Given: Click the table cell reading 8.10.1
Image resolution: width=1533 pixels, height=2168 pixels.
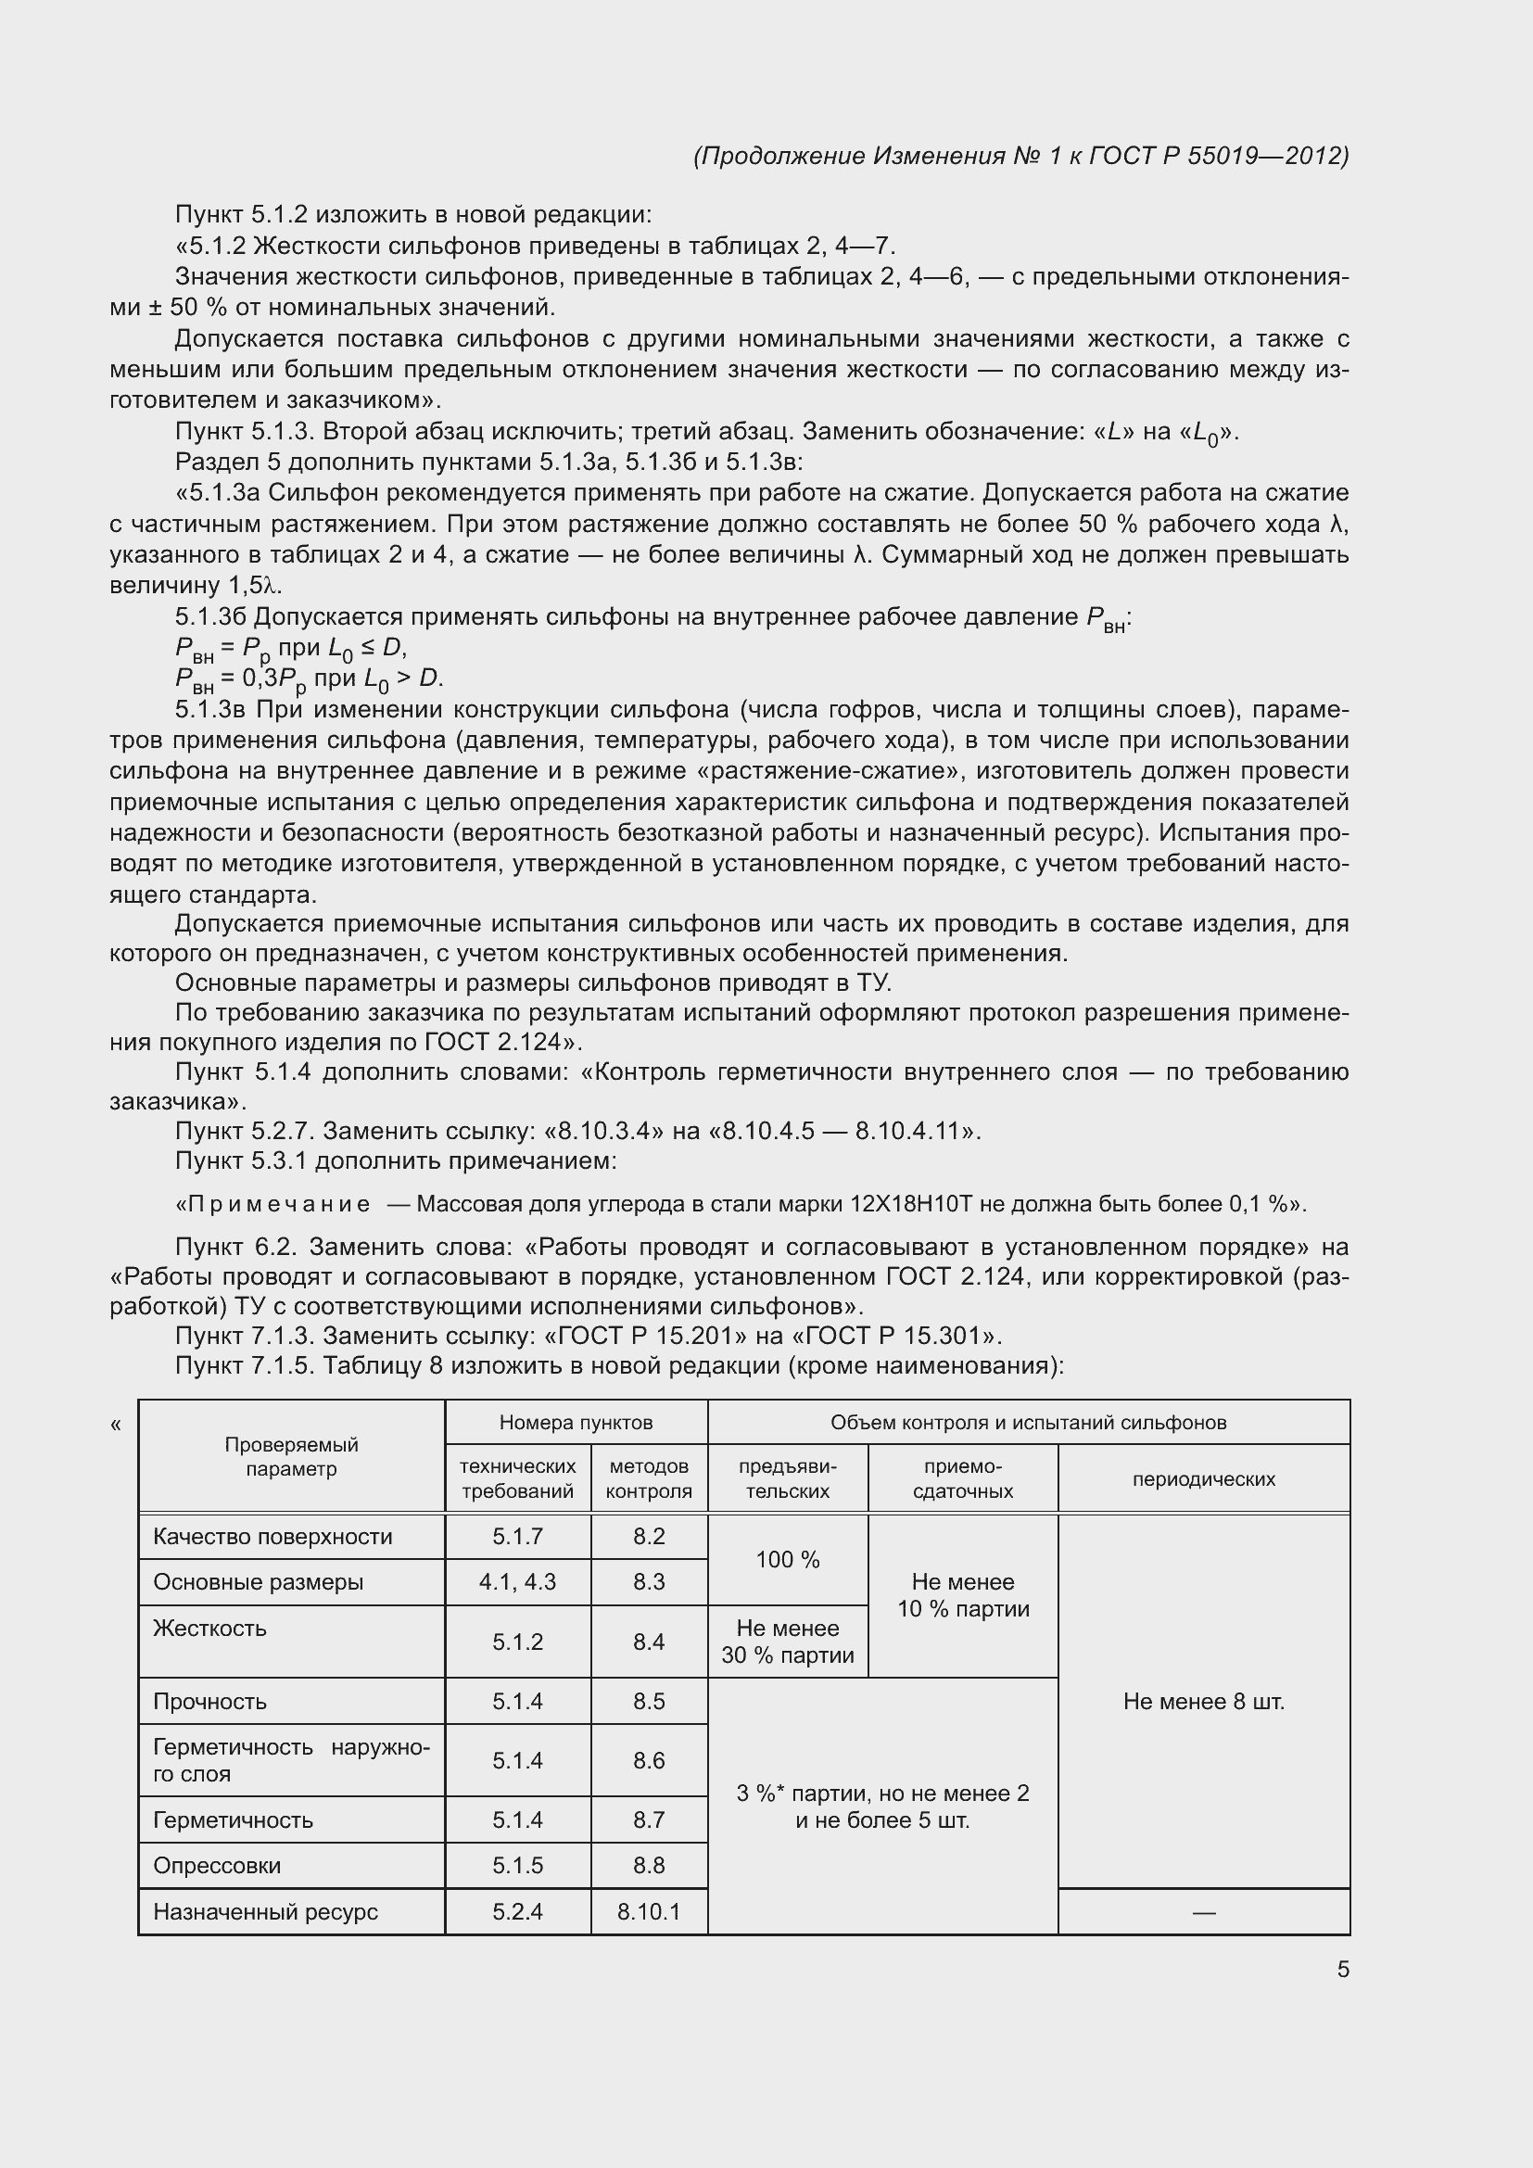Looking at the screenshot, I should (x=649, y=1912).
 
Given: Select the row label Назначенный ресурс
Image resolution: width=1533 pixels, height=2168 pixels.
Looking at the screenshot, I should (x=265, y=1912).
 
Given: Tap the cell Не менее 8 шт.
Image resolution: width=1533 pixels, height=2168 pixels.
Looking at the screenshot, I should (x=1204, y=1702).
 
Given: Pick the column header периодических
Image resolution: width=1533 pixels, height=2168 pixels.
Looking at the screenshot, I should (x=1204, y=1479).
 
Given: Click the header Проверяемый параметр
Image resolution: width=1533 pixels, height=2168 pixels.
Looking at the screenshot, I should (x=291, y=1457).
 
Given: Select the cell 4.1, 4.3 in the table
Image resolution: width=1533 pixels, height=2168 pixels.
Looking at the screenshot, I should (x=517, y=1581).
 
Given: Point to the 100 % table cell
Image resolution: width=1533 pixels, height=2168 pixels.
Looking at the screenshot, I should (x=787, y=1559).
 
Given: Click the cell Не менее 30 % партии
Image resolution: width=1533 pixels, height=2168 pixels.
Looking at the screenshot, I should (x=787, y=1642).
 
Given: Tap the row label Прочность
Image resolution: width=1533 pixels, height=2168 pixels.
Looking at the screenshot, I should (x=209, y=1702).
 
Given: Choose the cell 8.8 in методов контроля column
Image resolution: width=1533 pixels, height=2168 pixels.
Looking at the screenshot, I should (x=649, y=1865).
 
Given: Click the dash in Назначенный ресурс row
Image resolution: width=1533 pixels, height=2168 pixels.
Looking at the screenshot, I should (x=1204, y=1912).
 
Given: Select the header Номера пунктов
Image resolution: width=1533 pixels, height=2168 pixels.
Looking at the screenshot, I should (x=576, y=1422).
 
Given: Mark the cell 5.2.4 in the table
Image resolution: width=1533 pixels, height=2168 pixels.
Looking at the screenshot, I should (x=517, y=1912).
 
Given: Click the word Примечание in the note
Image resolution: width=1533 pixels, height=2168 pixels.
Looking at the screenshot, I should (x=279, y=1204).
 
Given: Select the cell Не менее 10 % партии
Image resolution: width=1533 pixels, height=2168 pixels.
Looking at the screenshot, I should (x=963, y=1595).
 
